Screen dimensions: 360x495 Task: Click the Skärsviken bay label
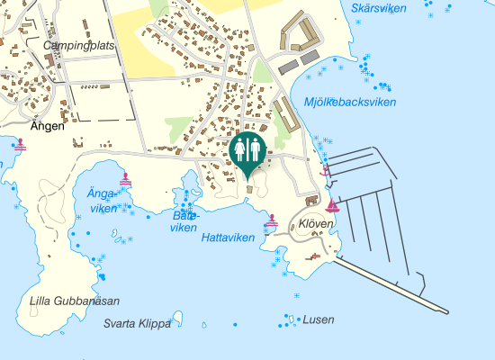(379, 8)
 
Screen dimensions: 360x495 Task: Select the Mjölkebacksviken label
(350, 102)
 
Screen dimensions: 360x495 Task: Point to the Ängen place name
(48, 126)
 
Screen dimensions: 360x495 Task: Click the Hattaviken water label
(229, 238)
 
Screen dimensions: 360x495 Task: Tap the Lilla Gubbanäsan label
(75, 301)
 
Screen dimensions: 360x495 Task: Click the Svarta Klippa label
(137, 324)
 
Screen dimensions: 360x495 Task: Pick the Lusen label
(319, 319)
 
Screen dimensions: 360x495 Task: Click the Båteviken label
(184, 221)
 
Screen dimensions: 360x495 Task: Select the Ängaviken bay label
(103, 201)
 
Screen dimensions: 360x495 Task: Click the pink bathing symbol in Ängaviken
(125, 179)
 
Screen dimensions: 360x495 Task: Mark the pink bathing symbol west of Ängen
(20, 143)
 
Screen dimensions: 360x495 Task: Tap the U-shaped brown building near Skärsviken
(299, 35)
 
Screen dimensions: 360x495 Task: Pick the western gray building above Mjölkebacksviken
(288, 67)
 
